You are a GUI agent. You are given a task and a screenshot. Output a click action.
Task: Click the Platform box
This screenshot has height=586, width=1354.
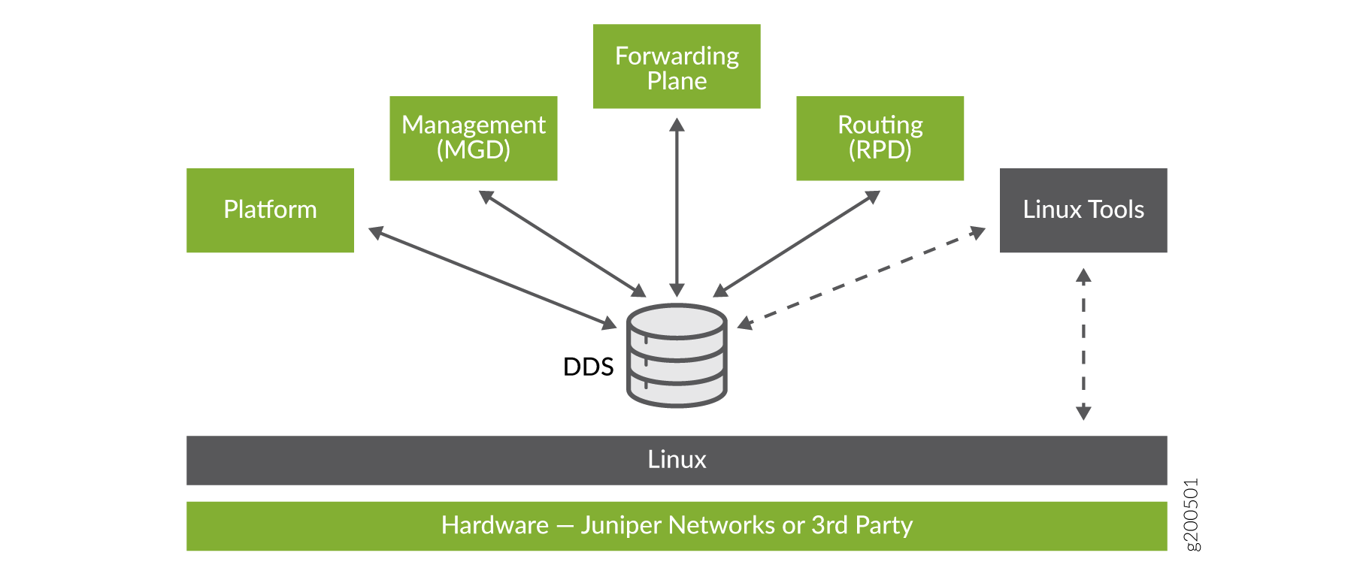click(270, 210)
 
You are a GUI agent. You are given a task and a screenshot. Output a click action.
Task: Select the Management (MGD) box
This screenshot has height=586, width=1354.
click(473, 138)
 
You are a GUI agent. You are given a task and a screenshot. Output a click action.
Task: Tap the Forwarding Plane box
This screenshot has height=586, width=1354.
click(677, 67)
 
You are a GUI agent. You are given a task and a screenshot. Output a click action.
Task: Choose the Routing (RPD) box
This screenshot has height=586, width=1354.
click(880, 138)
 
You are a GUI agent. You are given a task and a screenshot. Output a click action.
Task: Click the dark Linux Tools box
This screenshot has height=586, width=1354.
click(1083, 210)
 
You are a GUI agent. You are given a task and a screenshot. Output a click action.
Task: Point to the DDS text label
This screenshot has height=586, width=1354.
click(588, 367)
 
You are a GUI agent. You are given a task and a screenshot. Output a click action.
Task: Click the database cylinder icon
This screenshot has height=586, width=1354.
click(677, 355)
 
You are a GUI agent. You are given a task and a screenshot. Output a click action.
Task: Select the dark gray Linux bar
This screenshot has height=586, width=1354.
click(677, 460)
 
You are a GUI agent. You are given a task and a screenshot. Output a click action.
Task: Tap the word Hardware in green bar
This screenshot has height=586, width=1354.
click(495, 525)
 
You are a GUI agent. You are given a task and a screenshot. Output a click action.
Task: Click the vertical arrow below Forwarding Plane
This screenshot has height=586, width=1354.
click(677, 207)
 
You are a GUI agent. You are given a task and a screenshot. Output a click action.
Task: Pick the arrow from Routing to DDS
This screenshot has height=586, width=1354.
click(797, 243)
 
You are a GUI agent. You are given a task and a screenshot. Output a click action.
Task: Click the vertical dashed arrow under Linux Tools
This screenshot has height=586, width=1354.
click(1083, 344)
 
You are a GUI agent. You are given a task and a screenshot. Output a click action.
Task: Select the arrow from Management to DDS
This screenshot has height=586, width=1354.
click(562, 243)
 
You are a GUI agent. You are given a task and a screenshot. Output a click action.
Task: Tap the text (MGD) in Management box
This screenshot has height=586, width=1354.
click(473, 150)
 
